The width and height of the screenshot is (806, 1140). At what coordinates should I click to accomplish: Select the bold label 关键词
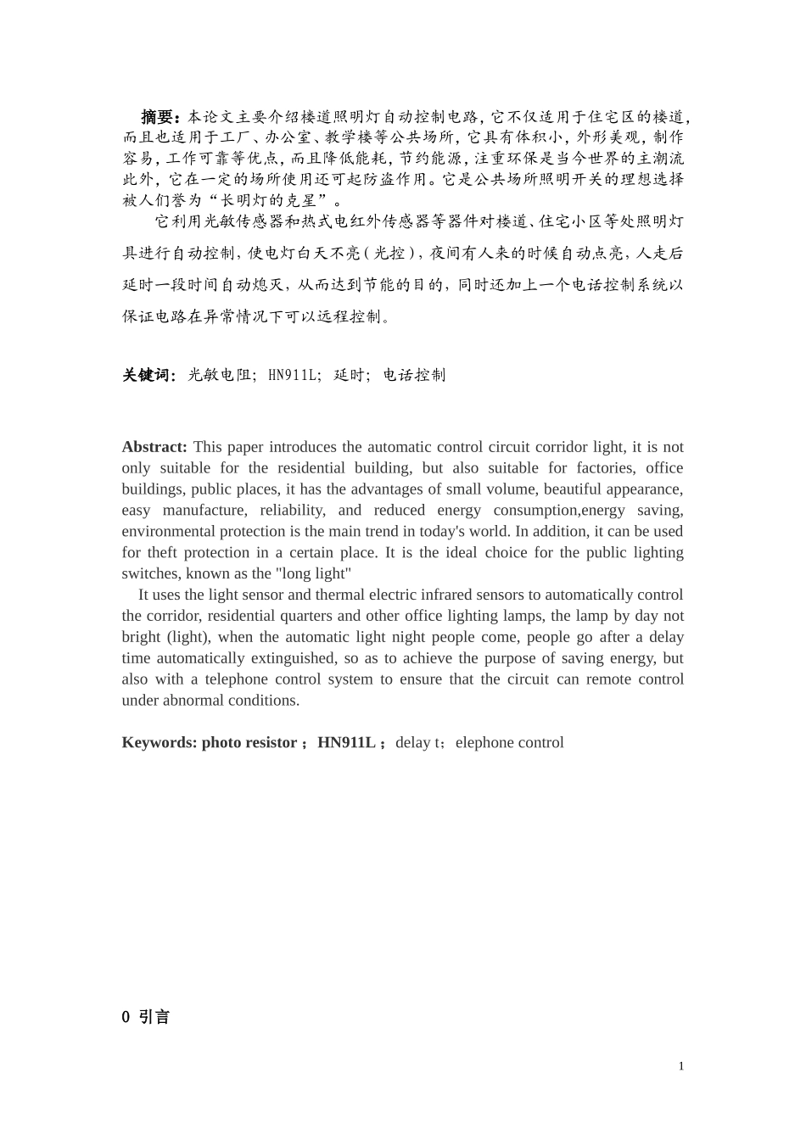coord(148,376)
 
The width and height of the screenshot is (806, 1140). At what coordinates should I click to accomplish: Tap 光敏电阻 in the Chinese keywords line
coord(220,376)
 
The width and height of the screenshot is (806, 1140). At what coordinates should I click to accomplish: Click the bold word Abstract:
coord(154,447)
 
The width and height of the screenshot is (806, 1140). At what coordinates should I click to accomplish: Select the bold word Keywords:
coord(160,743)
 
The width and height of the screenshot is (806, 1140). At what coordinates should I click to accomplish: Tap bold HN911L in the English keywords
coord(346,743)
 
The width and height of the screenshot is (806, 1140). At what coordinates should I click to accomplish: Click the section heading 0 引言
coord(146,1017)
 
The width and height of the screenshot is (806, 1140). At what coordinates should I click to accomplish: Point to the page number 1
coord(680,1066)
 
